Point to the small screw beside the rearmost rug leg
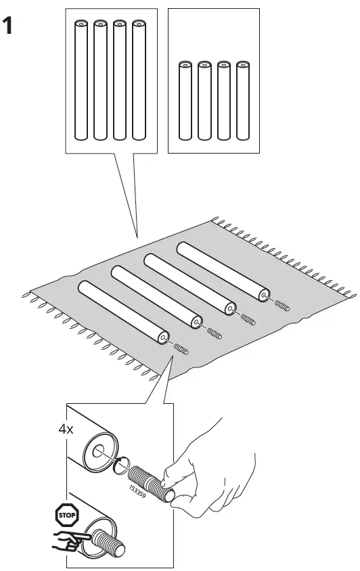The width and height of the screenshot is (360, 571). (x=283, y=306)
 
